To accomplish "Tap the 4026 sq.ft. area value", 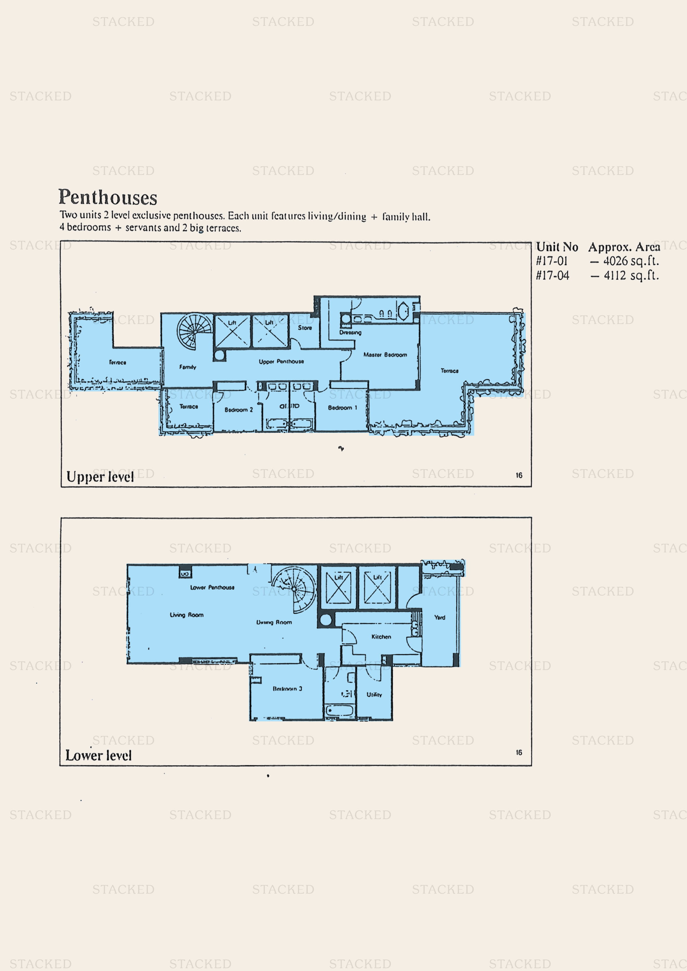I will (631, 261).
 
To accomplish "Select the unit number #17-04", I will (552, 276).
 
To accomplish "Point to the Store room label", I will (304, 328).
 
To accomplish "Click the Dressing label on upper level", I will (350, 332).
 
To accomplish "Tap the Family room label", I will (188, 367).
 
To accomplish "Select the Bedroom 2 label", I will (238, 410).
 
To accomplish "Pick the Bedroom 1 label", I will (342, 408).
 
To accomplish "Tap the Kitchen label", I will (381, 636).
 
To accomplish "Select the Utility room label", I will (374, 694).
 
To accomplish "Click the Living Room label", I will (187, 615).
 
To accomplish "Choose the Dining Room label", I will (274, 622).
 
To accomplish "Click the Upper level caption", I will (100, 477).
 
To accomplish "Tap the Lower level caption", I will (98, 755).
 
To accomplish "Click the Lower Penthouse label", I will (212, 587).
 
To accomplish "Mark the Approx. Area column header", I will (624, 247).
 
